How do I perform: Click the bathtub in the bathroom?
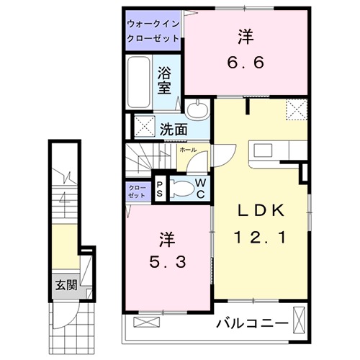138,84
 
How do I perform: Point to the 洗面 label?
173,130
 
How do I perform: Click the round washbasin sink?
199,110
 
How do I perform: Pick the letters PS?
160,189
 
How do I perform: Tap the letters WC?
201,189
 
